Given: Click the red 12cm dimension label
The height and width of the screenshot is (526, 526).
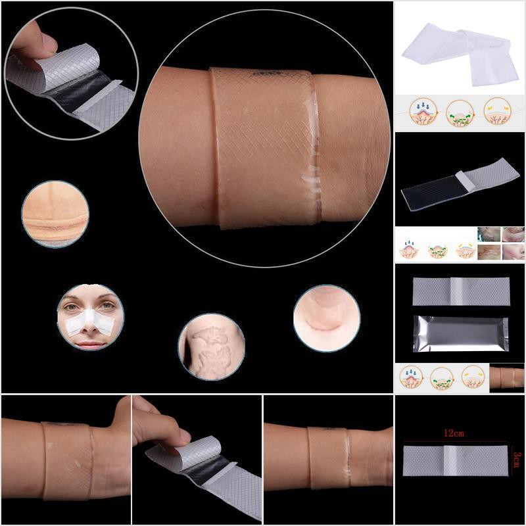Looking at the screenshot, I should [x=454, y=433].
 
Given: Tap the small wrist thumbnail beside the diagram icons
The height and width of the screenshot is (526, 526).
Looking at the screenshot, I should [x=507, y=377].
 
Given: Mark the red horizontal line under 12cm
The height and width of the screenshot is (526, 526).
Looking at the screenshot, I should [x=454, y=442].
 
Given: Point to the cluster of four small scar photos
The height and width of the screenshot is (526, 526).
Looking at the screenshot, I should [x=500, y=244].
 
